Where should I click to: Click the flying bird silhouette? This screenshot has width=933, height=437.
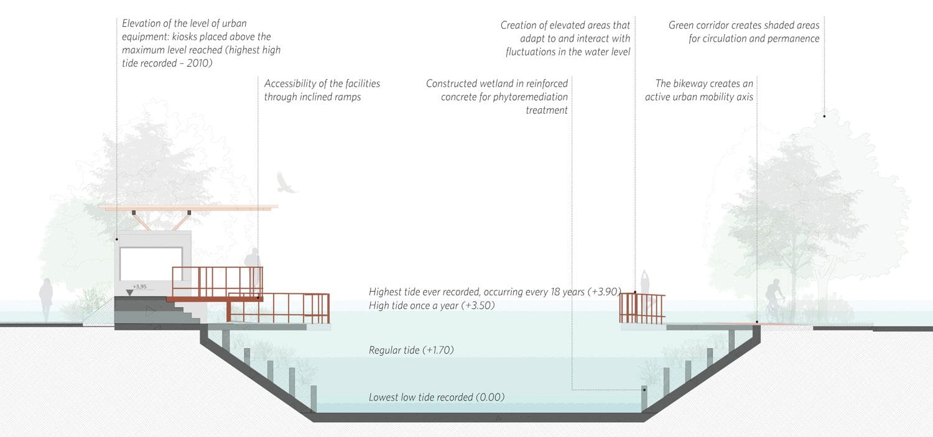pyautogui.click(x=287, y=183)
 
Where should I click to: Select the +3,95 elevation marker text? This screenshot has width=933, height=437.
pyautogui.click(x=139, y=287)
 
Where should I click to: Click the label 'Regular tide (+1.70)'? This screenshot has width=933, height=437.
pyautogui.click(x=411, y=351)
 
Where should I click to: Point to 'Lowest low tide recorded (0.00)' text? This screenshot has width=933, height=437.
pyautogui.click(x=436, y=397)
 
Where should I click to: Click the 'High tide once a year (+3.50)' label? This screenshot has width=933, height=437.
pyautogui.click(x=432, y=306)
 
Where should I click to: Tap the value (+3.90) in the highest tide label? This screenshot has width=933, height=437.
pyautogui.click(x=588, y=292)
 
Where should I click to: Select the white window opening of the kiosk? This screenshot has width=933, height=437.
pyautogui.click(x=151, y=263)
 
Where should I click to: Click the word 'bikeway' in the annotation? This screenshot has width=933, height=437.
pyautogui.click(x=701, y=83)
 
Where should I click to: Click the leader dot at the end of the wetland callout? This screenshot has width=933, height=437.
pyautogui.click(x=644, y=390)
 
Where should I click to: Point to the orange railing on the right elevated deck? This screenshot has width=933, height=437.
pyautogui.click(x=643, y=308)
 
